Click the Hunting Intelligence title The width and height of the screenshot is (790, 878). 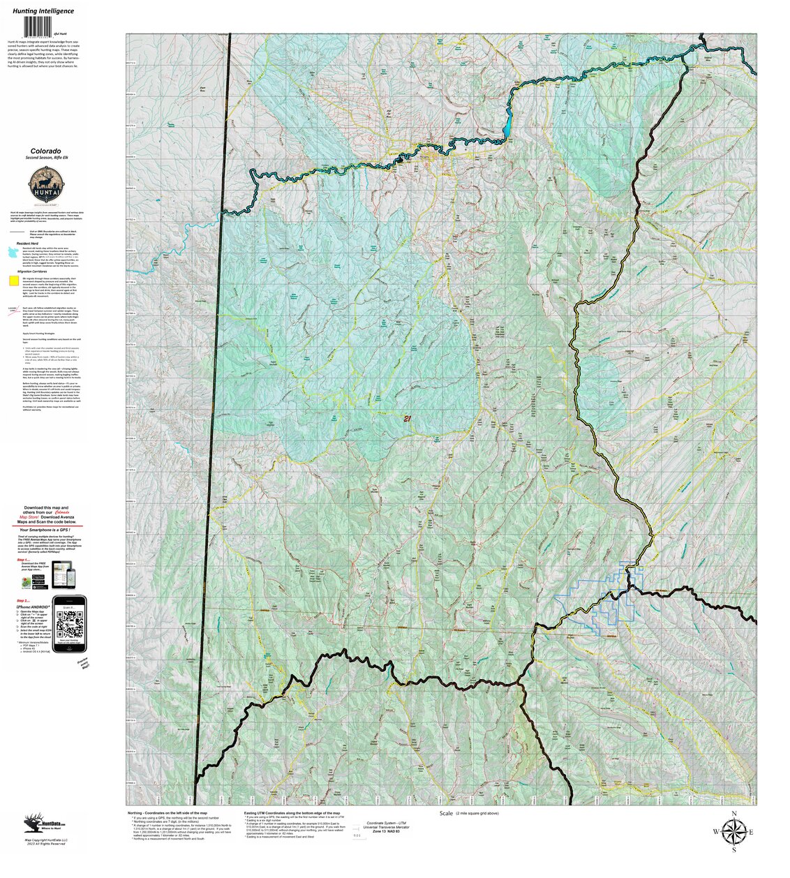(x=43, y=11)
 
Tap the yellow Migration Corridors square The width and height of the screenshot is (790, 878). (x=14, y=281)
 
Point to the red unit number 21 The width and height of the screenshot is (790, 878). (x=407, y=418)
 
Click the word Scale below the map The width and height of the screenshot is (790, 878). (x=447, y=814)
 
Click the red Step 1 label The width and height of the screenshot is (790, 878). (x=23, y=560)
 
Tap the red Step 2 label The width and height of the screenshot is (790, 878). (x=23, y=600)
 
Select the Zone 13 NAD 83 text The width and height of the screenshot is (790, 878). (x=387, y=832)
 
